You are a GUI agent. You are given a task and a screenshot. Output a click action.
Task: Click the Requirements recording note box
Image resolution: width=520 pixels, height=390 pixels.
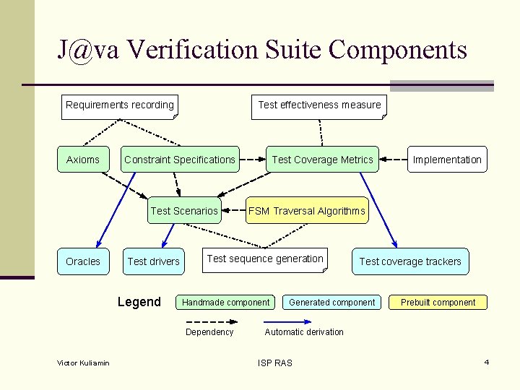(x=120, y=105)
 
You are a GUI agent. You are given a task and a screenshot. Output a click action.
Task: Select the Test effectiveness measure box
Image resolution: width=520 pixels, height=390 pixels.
(x=319, y=105)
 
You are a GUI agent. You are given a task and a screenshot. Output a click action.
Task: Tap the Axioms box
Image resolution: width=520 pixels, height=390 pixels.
(x=83, y=160)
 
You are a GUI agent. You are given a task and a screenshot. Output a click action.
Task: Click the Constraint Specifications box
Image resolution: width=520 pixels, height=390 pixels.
(x=180, y=160)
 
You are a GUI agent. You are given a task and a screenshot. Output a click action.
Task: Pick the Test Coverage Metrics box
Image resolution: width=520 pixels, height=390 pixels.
(x=322, y=160)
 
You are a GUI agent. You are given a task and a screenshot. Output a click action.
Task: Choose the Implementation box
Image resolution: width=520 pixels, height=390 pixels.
(x=447, y=160)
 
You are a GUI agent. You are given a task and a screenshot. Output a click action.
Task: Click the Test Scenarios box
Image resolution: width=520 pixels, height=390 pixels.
(x=184, y=211)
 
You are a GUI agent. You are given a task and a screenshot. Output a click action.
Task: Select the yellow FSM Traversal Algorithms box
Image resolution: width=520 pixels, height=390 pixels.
(x=307, y=211)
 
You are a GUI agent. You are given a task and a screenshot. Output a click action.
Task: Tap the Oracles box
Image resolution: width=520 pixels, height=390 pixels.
(x=83, y=261)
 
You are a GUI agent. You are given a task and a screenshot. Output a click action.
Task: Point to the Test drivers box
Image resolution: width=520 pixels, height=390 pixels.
(x=153, y=261)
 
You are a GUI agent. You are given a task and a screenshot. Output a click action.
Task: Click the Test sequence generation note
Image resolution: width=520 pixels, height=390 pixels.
(x=265, y=259)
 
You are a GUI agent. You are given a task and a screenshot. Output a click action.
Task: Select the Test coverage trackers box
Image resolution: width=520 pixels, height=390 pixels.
(x=410, y=261)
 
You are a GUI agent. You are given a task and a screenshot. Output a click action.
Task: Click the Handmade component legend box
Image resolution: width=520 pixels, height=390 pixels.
(x=226, y=303)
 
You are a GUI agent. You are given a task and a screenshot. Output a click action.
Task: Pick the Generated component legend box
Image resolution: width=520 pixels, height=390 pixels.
(x=332, y=303)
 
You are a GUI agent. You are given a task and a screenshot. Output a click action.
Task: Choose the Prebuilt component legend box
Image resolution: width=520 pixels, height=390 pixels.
(x=438, y=303)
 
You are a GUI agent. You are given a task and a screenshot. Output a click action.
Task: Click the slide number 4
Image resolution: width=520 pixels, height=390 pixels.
(x=487, y=362)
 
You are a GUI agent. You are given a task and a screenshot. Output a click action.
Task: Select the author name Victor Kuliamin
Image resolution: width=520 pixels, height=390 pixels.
(x=83, y=363)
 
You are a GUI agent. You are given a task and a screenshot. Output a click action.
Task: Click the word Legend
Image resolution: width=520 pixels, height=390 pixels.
(x=139, y=302)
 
